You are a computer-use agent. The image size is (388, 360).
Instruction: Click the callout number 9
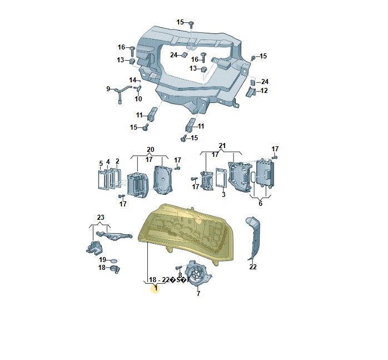tap(108, 88)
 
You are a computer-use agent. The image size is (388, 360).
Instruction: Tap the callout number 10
tap(138, 99)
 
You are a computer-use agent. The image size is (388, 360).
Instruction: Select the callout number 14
tap(133, 80)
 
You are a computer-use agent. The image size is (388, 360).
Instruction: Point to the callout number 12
tap(264, 90)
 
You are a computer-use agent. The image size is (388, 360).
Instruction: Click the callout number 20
tap(150, 149)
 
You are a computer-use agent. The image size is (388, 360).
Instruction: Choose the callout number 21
tap(223, 146)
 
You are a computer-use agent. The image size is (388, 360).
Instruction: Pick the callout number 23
tap(101, 217)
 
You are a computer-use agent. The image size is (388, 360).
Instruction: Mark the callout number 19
tap(103, 259)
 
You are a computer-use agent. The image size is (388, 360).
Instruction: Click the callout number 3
tap(223, 194)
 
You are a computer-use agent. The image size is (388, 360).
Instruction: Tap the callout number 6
tap(260, 204)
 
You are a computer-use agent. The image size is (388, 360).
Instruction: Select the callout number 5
tap(101, 163)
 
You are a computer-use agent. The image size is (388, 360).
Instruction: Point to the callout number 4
tap(108, 162)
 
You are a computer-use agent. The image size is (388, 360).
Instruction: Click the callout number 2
tap(117, 161)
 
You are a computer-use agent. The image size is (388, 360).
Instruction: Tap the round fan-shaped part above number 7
tap(197, 273)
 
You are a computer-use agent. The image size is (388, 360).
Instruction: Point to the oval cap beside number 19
tap(114, 260)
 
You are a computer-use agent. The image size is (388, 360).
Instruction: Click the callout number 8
tap(180, 275)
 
